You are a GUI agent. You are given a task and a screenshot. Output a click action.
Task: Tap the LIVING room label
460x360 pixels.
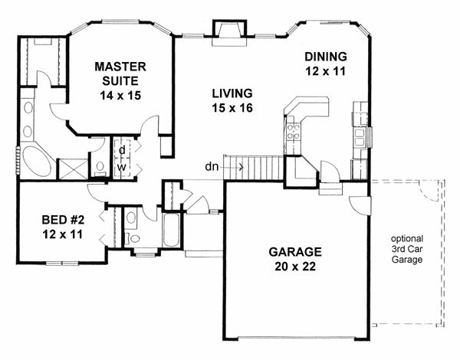tap(232, 93)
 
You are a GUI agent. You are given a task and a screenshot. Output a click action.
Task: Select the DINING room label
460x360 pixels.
tap(326, 57)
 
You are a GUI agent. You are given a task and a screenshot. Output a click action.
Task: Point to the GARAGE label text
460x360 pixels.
tap(295, 253)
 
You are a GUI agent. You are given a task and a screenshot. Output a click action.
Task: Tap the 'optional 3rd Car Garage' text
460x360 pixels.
tap(406, 247)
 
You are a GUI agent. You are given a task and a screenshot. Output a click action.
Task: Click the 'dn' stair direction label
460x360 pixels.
tap(212, 165)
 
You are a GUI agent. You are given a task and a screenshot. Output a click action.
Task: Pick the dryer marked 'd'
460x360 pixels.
tap(122, 149)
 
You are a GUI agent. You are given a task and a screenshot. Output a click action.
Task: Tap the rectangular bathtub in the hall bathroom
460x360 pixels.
tap(171, 229)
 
